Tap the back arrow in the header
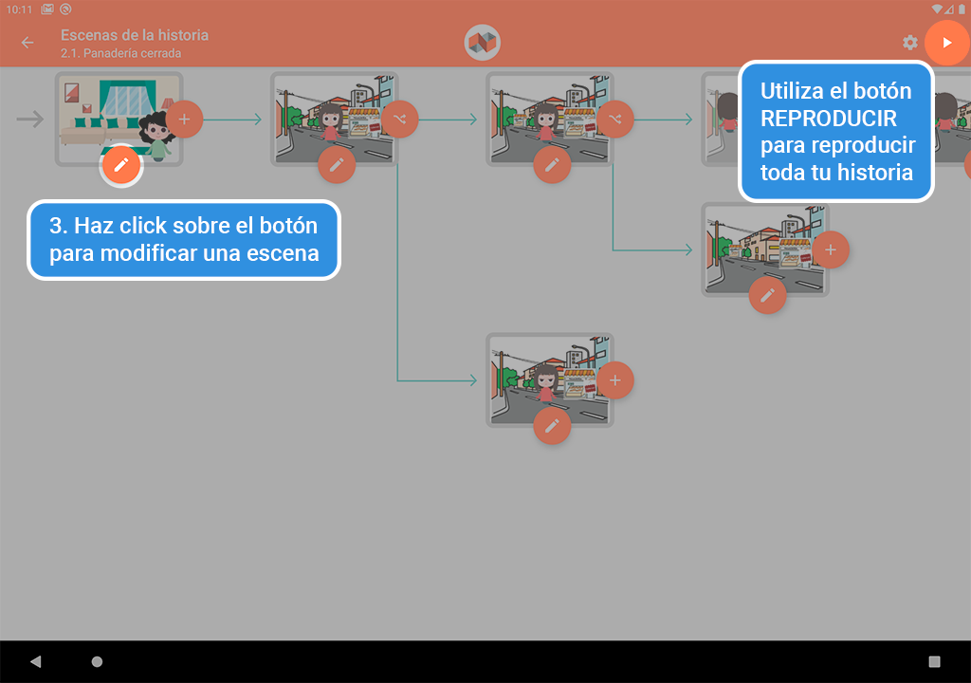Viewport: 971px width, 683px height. coord(27,43)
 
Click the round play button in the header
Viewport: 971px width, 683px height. coord(946,43)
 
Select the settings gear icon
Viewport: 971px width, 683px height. coord(910,43)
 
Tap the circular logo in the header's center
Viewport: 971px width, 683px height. coord(483,43)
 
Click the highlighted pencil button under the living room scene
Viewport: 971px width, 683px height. coord(121,165)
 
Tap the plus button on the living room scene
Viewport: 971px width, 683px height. coord(185,119)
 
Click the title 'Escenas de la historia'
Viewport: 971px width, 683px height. coord(135,35)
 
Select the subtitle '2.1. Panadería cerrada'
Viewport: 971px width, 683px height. coord(120,54)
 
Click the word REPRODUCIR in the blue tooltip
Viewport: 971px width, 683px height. coord(829,119)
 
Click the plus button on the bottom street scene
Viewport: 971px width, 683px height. coord(615,380)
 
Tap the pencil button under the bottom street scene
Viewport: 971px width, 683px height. coord(552,426)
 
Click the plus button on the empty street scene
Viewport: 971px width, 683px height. coord(831,249)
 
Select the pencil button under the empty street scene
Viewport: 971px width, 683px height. coord(767,295)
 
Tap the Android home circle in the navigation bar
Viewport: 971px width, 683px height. coord(97,661)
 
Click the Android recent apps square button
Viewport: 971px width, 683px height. coord(934,661)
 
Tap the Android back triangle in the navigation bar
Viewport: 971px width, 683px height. coord(36,661)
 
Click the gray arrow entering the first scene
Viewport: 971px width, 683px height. coord(30,119)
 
